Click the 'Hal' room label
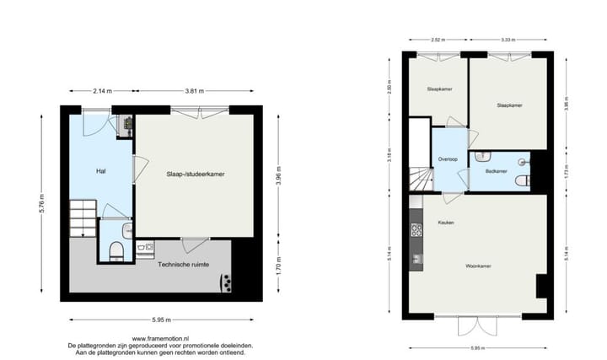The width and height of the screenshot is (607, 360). (100, 171)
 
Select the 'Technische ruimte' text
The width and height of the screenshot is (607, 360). (184, 265)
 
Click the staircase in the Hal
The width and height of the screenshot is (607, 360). (83, 218)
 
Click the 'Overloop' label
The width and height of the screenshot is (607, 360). (448, 159)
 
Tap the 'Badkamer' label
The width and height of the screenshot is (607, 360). (497, 171)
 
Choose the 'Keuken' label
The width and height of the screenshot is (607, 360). (446, 222)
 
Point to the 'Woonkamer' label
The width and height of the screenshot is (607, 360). (479, 266)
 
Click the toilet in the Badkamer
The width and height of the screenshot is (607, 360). (523, 181)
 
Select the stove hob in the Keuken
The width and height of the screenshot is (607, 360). (416, 228)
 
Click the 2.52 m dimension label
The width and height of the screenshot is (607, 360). (437, 40)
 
